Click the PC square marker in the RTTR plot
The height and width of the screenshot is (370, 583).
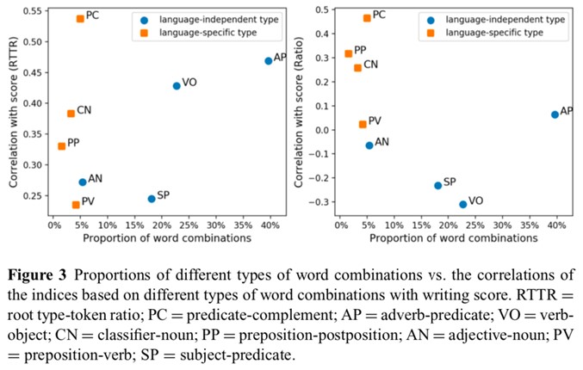80,18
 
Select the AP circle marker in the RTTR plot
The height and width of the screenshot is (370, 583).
269,60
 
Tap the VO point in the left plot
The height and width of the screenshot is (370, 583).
177,85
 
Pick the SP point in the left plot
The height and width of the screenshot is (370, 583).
152,198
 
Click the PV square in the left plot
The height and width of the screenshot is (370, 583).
76,204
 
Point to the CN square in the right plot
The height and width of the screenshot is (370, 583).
357,67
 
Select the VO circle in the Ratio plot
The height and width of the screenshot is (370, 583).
462,204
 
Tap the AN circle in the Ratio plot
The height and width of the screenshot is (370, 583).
369,145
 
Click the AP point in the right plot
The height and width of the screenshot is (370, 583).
555,114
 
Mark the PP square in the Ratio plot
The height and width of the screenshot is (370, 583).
348,53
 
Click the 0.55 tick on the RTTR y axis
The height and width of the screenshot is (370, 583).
34,10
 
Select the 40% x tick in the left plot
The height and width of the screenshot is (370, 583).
269,226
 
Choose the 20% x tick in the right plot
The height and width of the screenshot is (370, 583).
449,226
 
